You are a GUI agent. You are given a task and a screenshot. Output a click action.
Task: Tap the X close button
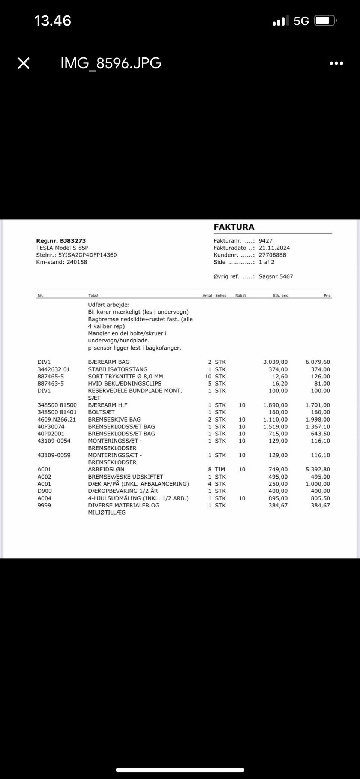point(24,63)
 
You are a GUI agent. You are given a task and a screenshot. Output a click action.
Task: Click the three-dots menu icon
point(336,63)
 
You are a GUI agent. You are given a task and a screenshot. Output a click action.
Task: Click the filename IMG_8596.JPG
point(111,63)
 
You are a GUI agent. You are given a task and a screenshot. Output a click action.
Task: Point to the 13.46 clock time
point(52,20)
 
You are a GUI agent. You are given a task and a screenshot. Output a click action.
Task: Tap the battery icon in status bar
point(325,21)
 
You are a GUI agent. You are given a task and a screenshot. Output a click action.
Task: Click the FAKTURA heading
point(234,227)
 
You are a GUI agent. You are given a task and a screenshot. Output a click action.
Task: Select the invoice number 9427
point(265,241)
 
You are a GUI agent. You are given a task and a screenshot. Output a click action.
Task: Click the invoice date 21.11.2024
point(274,248)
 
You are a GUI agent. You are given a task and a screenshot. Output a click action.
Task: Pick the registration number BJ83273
point(73,241)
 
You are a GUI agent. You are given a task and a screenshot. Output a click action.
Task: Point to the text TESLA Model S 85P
point(62,248)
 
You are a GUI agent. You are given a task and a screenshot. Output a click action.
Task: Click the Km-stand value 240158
point(77,262)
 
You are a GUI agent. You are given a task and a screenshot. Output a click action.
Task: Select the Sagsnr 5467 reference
point(276,276)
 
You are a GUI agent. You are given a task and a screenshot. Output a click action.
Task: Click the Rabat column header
point(240,296)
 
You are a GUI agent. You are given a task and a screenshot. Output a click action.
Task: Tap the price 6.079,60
point(318,362)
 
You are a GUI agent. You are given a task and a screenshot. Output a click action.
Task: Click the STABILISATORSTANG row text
point(118,369)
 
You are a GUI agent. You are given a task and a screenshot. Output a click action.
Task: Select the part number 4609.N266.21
point(57,420)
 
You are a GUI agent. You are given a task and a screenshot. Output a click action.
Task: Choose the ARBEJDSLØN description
point(106,470)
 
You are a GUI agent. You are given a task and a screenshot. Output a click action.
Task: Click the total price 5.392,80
point(318,470)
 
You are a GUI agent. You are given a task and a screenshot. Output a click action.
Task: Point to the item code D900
point(45,491)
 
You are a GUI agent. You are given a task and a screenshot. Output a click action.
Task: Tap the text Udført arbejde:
point(109,305)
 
